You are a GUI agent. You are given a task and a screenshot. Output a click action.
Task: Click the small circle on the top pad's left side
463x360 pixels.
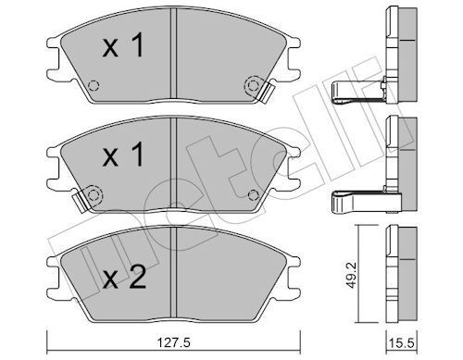(92, 89)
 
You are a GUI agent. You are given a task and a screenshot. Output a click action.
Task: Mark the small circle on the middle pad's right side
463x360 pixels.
(253, 194)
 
